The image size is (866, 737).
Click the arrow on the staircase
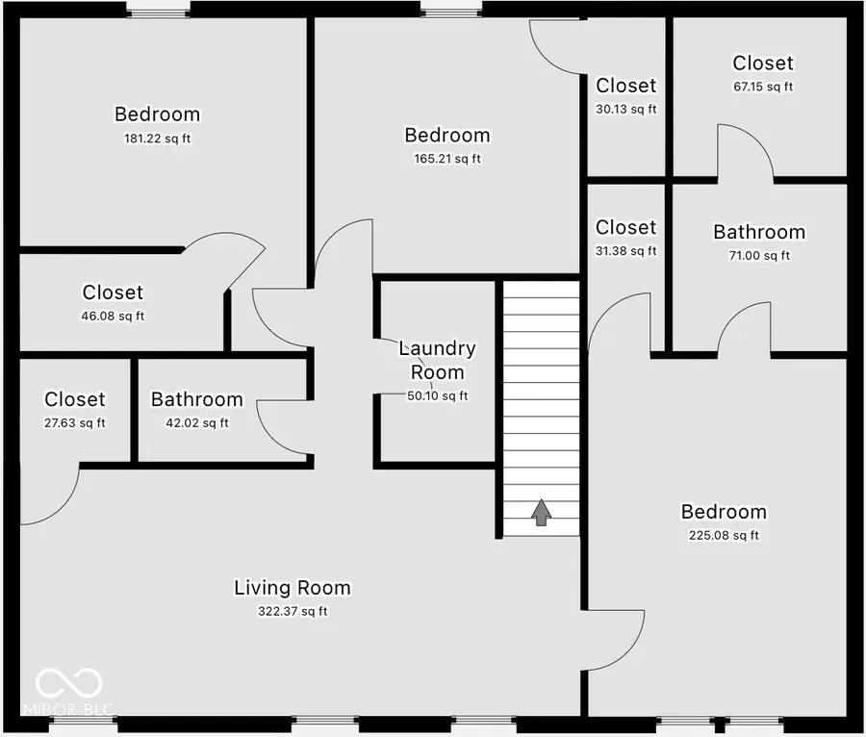point(541,513)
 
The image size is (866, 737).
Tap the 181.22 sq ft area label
point(158,139)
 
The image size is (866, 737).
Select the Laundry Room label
point(437,360)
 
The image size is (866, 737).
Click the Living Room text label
point(293,588)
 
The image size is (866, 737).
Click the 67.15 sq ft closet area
point(763,87)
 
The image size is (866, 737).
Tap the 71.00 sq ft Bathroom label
point(758,232)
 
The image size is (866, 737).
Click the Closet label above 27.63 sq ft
point(75,399)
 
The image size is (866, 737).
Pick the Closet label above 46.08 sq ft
point(113,292)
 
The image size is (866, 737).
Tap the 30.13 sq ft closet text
point(625,110)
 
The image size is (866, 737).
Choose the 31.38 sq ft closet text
point(625,251)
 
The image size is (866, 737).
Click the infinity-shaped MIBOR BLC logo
point(68,684)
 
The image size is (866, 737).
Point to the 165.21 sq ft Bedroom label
point(446,136)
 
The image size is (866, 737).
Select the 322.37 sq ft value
point(293,612)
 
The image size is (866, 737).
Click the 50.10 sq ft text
point(437,396)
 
